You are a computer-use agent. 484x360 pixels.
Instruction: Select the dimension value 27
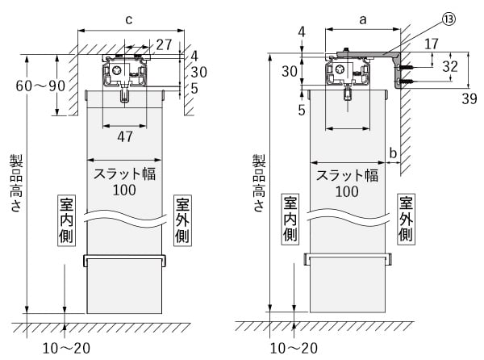[x=165, y=43]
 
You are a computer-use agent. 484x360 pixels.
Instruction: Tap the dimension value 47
[x=125, y=136]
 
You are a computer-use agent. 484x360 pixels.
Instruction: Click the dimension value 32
[x=453, y=66]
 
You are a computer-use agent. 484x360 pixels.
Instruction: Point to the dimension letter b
[x=393, y=151]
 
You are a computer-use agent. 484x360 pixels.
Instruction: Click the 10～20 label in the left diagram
[x=66, y=348]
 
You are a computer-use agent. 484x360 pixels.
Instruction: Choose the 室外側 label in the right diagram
[x=406, y=219]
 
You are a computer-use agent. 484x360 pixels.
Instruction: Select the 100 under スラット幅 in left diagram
[x=124, y=190]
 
